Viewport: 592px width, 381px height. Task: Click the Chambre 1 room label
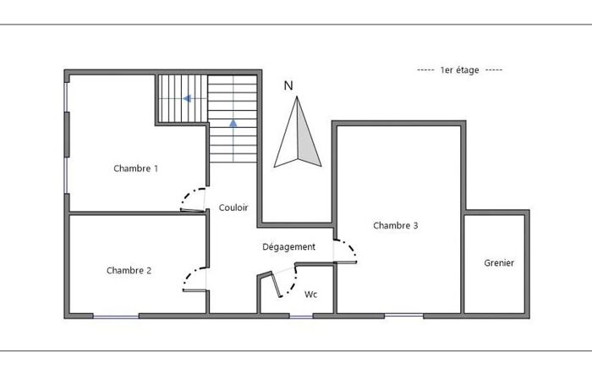[135, 168]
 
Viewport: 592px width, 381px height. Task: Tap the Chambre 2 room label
[129, 270]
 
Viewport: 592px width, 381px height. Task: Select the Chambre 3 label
[395, 225]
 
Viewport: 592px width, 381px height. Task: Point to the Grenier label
[499, 262]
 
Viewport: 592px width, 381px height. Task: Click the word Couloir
[233, 207]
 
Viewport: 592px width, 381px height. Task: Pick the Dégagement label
[289, 247]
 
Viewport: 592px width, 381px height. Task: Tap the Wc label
[310, 294]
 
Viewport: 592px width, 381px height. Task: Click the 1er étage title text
[459, 70]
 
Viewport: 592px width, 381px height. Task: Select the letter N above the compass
[288, 86]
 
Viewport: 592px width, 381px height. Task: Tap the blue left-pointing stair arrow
[187, 99]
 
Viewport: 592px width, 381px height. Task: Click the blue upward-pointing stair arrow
[233, 123]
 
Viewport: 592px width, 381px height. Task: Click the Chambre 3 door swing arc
[351, 247]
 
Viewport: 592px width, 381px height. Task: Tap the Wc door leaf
[276, 284]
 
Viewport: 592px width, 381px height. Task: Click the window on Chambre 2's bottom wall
[116, 317]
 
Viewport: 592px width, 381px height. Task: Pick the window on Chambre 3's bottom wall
[404, 316]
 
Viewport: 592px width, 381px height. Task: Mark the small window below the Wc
[301, 317]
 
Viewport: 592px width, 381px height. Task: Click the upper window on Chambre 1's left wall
[66, 97]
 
